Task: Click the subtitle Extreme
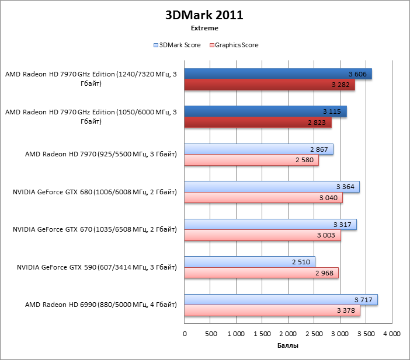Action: tap(204, 28)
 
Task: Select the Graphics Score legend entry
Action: tap(234, 45)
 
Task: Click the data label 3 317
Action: tap(342, 225)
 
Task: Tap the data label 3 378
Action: tap(346, 310)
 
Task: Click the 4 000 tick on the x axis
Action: tap(391, 334)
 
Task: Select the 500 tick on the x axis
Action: tap(210, 334)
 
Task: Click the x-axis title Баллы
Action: tap(287, 346)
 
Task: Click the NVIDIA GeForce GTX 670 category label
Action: tap(95, 230)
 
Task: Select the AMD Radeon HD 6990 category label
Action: tap(101, 305)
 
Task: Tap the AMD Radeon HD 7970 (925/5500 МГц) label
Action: tap(101, 155)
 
